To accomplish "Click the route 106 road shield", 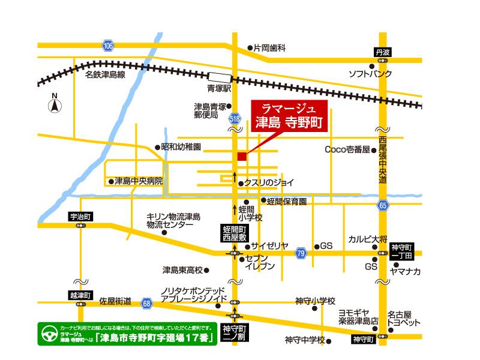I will (x=107, y=46).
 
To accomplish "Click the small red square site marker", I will (x=242, y=157).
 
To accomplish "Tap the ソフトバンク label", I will (x=370, y=74).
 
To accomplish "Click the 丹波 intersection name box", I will (x=382, y=53).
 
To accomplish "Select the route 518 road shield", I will (x=235, y=120).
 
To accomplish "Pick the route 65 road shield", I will (x=383, y=206).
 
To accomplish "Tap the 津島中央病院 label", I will (x=138, y=181).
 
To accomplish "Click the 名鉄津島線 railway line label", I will (x=104, y=75).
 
